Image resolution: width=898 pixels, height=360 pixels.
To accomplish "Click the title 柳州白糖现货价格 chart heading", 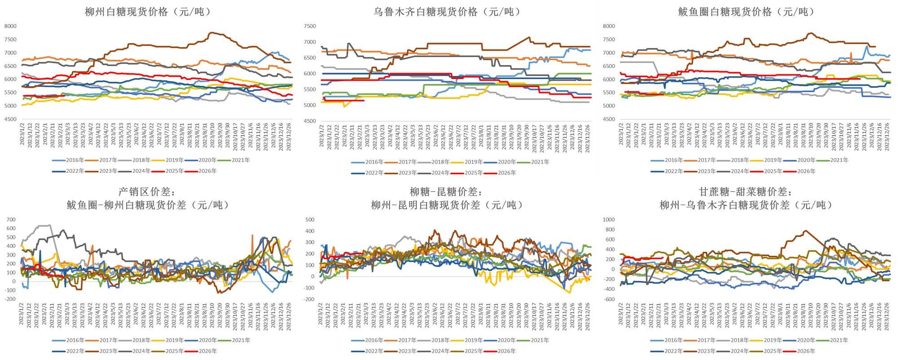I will click(148, 12).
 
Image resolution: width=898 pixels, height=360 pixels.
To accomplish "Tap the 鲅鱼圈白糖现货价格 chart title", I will click(746, 12).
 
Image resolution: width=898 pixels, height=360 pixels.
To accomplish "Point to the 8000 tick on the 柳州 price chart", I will click(10, 26).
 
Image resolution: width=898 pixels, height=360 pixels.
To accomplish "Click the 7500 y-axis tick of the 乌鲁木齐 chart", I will click(310, 26).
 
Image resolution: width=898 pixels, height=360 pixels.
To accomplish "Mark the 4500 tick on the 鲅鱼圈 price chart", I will click(609, 119).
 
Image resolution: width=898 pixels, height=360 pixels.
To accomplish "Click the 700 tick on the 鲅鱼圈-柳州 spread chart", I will click(11, 220).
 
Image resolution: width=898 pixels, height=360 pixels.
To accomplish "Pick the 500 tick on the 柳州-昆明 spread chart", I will click(310, 220).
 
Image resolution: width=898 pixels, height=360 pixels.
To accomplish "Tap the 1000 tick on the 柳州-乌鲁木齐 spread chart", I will click(608, 220).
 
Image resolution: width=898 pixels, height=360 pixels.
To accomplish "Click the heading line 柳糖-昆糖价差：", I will click(446, 192).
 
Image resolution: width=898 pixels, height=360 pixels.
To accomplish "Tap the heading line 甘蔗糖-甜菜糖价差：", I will click(745, 192).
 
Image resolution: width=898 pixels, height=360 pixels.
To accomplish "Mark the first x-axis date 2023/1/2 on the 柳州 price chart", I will click(22, 135).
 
